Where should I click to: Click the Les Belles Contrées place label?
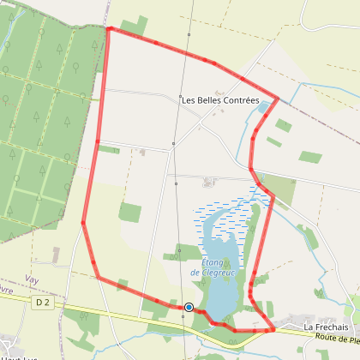point(219,100)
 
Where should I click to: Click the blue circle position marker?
point(189,307)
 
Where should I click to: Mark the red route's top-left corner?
point(109,28)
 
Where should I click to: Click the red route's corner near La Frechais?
point(272,328)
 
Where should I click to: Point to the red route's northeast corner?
point(279,98)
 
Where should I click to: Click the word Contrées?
point(241,100)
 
